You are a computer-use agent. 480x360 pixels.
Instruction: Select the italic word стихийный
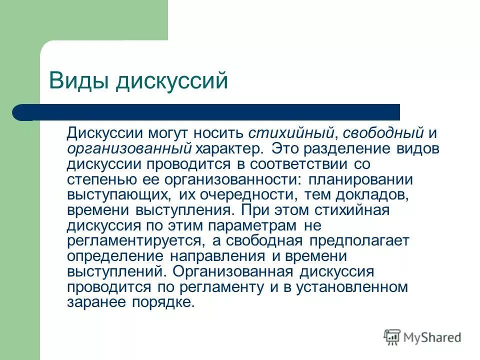[288, 133]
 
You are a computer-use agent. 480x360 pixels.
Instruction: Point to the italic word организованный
[129, 148]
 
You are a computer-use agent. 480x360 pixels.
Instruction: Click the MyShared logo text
[433, 337]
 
